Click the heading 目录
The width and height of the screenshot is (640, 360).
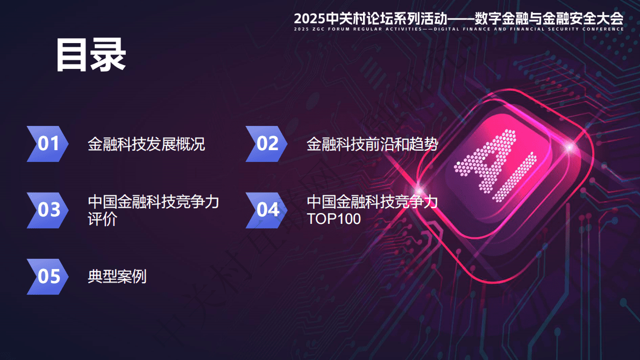click(x=91, y=55)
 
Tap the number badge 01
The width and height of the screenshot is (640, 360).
click(x=48, y=144)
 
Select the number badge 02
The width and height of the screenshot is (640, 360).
click(x=267, y=144)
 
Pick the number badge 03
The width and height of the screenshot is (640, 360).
click(x=48, y=210)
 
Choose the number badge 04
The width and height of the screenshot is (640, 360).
click(x=267, y=210)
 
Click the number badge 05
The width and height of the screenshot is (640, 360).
click(x=48, y=277)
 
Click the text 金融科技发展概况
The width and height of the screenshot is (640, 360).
click(x=146, y=144)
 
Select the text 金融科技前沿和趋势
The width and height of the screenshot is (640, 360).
click(x=372, y=144)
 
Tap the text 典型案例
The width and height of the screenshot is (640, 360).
click(x=117, y=277)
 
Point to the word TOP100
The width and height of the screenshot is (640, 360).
click(x=333, y=219)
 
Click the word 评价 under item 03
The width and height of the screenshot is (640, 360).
click(x=102, y=219)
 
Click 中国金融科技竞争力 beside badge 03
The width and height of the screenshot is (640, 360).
click(x=153, y=202)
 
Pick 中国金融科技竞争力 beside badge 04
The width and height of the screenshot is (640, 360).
click(x=372, y=202)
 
